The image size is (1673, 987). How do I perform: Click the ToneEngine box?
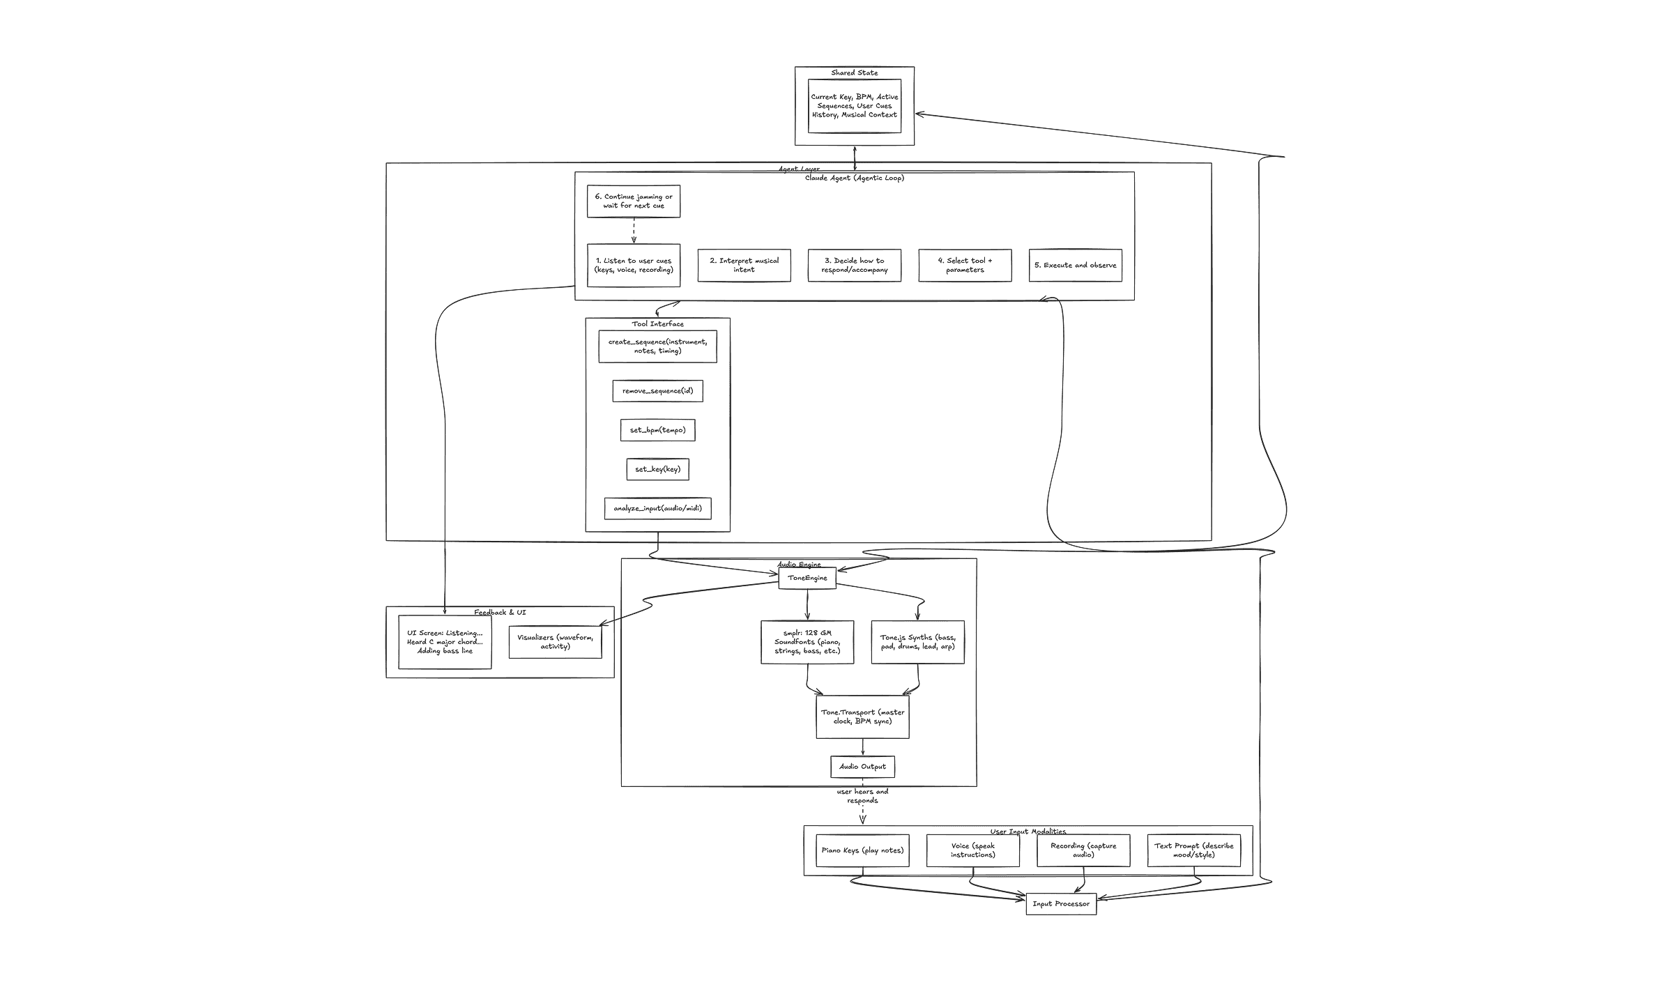pyautogui.click(x=807, y=578)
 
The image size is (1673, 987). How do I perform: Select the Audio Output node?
pyautogui.click(x=862, y=767)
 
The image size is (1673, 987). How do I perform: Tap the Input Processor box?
pyautogui.click(x=1061, y=904)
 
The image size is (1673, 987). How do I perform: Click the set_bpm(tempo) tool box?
pyautogui.click(x=657, y=430)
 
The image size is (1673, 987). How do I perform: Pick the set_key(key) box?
pyautogui.click(x=657, y=469)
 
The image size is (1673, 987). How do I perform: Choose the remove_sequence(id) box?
pyautogui.click(x=657, y=391)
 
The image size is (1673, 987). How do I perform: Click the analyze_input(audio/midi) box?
pyautogui.click(x=657, y=508)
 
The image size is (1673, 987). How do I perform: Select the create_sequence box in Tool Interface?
pyautogui.click(x=657, y=346)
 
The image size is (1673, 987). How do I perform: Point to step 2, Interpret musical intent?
pyautogui.click(x=744, y=266)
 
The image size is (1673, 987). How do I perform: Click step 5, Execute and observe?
pyautogui.click(x=1076, y=266)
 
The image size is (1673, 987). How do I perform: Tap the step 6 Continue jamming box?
pyautogui.click(x=634, y=201)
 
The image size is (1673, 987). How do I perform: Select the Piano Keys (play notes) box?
pyautogui.click(x=862, y=850)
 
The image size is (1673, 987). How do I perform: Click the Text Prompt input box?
pyautogui.click(x=1193, y=850)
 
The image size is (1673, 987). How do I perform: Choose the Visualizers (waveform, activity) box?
pyautogui.click(x=555, y=641)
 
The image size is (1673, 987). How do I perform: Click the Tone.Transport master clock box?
pyautogui.click(x=862, y=717)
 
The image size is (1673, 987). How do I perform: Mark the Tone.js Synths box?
pyautogui.click(x=917, y=642)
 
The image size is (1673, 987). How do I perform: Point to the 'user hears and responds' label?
pyautogui.click(x=862, y=796)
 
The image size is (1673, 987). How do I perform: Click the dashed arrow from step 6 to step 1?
pyautogui.click(x=634, y=230)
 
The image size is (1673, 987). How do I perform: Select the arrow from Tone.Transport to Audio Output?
pyautogui.click(x=863, y=747)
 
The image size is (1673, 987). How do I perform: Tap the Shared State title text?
pyautogui.click(x=855, y=73)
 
